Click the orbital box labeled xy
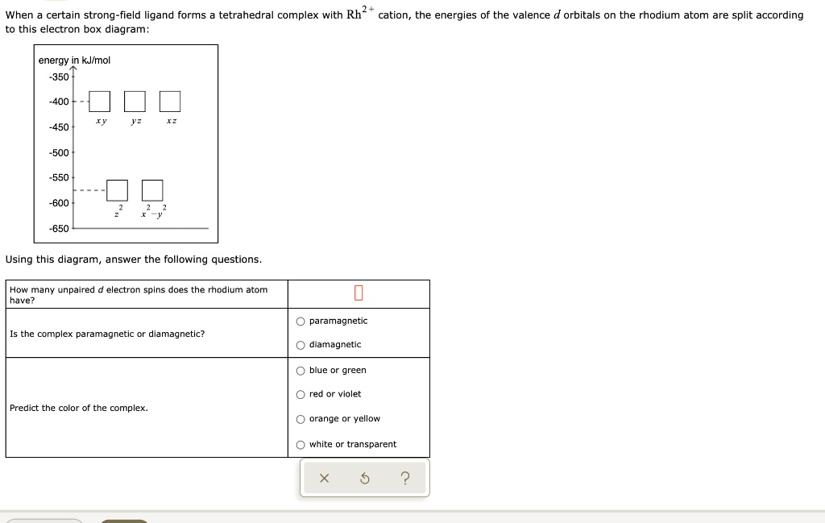point(100,102)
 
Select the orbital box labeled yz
point(135,102)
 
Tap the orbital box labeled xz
point(170,102)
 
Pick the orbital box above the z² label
point(117,190)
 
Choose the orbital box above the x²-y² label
point(152,190)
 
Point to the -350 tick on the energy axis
point(59,77)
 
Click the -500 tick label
point(59,152)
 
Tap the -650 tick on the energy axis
point(59,228)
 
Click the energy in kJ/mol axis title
point(75,60)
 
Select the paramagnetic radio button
point(301,321)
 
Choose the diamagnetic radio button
point(301,345)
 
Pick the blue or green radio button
point(301,371)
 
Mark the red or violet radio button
point(301,394)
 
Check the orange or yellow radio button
point(301,419)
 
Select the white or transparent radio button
point(301,445)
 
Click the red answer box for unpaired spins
point(359,293)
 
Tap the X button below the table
point(324,479)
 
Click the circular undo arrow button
point(364,479)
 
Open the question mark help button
point(404,479)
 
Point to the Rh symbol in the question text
point(354,15)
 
